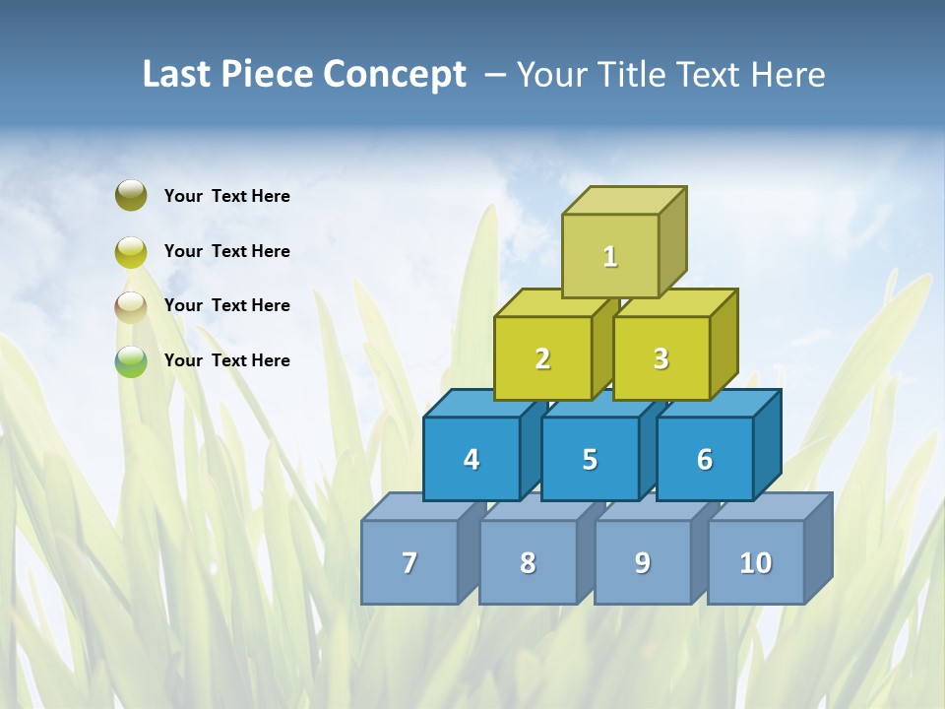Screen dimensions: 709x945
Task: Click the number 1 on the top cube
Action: pyautogui.click(x=610, y=257)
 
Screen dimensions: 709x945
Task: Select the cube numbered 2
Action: pyautogui.click(x=542, y=359)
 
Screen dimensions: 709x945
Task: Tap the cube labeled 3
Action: pyautogui.click(x=661, y=359)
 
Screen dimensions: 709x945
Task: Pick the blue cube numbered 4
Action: pyautogui.click(x=472, y=459)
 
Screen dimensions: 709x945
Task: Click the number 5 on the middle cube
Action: pyautogui.click(x=590, y=459)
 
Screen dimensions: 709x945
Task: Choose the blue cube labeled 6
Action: pyautogui.click(x=704, y=459)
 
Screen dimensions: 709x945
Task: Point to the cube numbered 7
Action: pyautogui.click(x=409, y=562)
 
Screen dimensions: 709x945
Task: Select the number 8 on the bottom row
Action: pyautogui.click(x=528, y=562)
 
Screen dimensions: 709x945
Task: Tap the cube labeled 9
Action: pyautogui.click(x=642, y=562)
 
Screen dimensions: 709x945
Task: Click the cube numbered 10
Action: pyautogui.click(x=755, y=562)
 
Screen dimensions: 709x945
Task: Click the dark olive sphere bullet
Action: pyautogui.click(x=131, y=195)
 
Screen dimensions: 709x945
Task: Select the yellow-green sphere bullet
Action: pyautogui.click(x=131, y=251)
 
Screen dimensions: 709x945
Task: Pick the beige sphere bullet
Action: pyautogui.click(x=131, y=306)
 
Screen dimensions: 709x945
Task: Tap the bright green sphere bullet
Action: pyautogui.click(x=131, y=361)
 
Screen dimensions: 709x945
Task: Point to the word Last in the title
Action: pyautogui.click(x=177, y=75)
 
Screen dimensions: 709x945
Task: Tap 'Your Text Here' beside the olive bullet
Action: pyautogui.click(x=227, y=196)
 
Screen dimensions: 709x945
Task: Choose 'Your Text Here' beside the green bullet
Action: pyautogui.click(x=227, y=360)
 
